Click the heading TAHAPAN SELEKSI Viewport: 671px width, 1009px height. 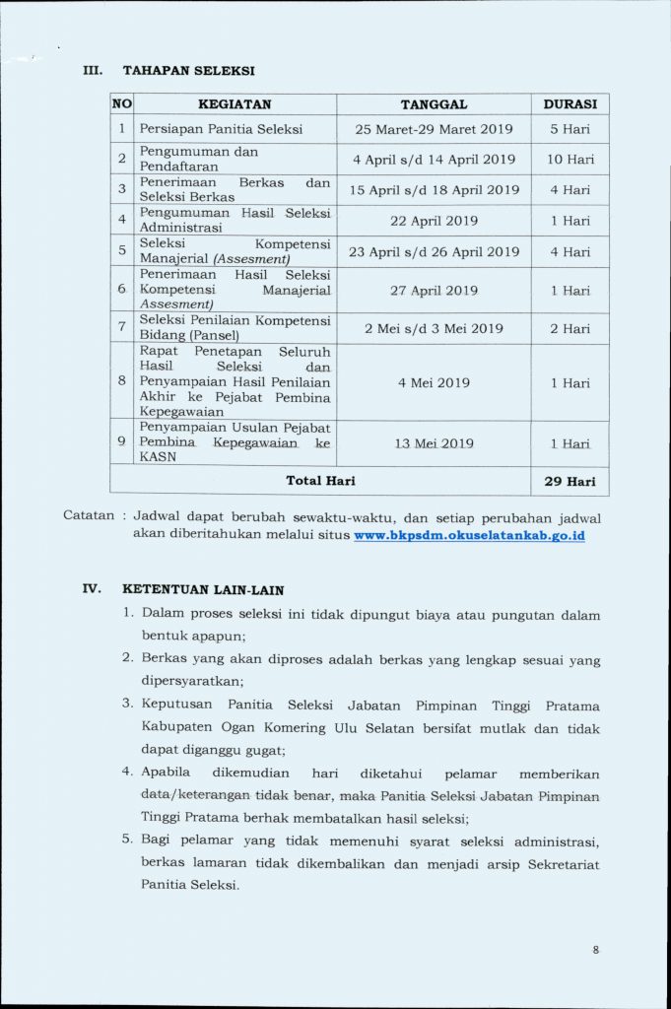coord(188,71)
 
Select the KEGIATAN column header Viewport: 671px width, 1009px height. coord(235,104)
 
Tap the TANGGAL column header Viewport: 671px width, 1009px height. coord(434,104)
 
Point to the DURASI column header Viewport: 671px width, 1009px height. coord(570,104)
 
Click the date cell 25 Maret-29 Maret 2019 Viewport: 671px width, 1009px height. coord(434,129)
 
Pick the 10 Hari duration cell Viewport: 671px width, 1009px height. coord(570,160)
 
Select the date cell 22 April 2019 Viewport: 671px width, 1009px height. coord(434,221)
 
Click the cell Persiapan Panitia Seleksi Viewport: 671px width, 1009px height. coord(221,129)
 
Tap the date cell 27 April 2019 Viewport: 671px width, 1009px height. coord(434,291)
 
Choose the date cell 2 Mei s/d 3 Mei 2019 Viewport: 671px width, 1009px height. coord(434,329)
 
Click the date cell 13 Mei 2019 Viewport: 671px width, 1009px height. coord(434,443)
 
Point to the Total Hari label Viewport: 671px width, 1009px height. coord(320,481)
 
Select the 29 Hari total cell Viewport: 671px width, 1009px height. coord(570,482)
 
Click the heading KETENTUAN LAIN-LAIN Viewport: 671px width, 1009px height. coord(203,590)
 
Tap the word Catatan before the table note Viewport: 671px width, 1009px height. coord(90,516)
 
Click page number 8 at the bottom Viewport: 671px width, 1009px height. coord(596,950)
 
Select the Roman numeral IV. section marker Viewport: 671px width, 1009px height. coord(92,590)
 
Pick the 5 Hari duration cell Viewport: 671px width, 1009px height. coord(570,129)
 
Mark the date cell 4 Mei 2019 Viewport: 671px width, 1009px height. coord(434,382)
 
